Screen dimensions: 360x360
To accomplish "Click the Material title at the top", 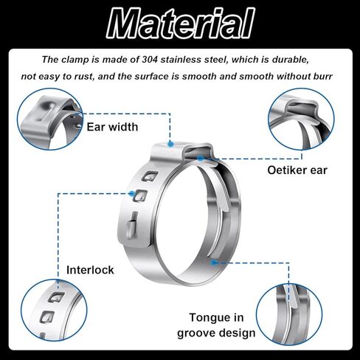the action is pyautogui.click(x=181, y=24).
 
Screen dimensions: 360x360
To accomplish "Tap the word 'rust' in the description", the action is pyautogui.click(x=84, y=77).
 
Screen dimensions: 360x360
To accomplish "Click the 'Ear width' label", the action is pyautogui.click(x=112, y=127).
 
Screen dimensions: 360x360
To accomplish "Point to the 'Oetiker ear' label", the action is pyautogui.click(x=297, y=170).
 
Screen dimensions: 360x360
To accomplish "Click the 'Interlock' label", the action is pyautogui.click(x=90, y=270).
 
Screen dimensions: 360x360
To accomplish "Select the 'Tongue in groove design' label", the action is pyautogui.click(x=216, y=325).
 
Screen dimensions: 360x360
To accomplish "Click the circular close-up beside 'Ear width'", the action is pyautogui.click(x=50, y=119).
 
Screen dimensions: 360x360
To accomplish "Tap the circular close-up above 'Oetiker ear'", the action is pyautogui.click(x=301, y=119).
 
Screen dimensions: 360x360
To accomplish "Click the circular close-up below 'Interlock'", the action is pyautogui.click(x=54, y=310).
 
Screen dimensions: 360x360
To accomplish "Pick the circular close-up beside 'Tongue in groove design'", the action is pyautogui.click(x=289, y=314).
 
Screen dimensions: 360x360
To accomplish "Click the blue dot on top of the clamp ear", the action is pyautogui.click(x=170, y=144).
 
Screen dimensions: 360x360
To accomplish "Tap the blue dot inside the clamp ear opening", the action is pyautogui.click(x=201, y=158).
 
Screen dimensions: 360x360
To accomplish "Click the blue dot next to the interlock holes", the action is pyautogui.click(x=132, y=193).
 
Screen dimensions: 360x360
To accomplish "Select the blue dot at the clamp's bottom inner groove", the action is pyautogui.click(x=213, y=263).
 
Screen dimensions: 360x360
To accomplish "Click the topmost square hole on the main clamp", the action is pyautogui.click(x=150, y=176).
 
